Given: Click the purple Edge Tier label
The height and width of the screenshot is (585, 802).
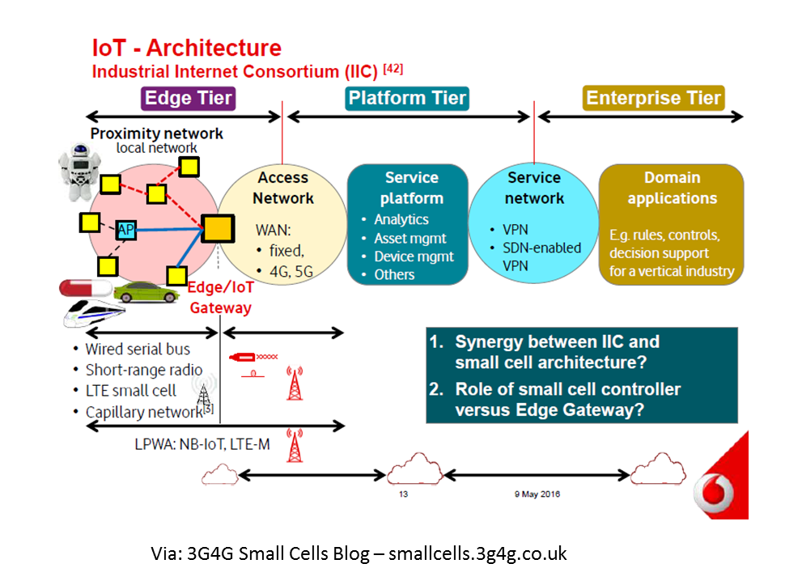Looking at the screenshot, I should coord(189,99).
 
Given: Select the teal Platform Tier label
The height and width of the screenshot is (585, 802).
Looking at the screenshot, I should coord(407,99).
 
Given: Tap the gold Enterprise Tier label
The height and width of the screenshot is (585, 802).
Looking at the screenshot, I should coord(653,99).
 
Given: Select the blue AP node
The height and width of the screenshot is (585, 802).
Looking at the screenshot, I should coord(125,231).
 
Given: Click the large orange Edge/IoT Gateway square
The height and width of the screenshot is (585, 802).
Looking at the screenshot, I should coord(218,229).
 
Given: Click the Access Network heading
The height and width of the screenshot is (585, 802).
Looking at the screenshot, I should coord(282,188).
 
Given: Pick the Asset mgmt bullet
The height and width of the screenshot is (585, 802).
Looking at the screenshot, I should coord(409,238).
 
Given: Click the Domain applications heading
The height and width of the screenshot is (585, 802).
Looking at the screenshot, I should coord(672,188).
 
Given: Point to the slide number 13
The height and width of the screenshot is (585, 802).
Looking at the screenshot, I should coord(403,494).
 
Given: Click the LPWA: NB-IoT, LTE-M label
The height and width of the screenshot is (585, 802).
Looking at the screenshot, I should coord(202,444).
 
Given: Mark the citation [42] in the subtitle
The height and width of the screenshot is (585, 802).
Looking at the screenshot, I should coord(393,69).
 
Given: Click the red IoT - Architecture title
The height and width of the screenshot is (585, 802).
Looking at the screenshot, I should coord(187,47).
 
